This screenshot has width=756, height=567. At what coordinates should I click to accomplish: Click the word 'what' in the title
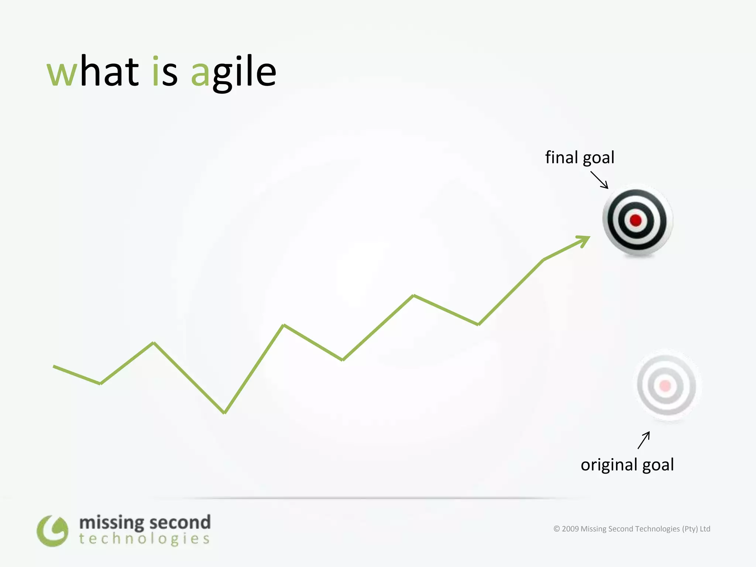point(93,71)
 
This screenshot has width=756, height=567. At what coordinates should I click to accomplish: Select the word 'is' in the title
point(165,71)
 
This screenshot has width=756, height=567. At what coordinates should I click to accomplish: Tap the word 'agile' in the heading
point(233,72)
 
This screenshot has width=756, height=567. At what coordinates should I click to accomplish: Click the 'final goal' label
point(580,158)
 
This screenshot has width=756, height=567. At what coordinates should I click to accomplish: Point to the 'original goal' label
point(627,465)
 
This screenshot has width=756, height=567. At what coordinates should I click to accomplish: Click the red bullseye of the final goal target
point(636,220)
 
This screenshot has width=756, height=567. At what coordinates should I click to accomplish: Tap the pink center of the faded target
point(665,386)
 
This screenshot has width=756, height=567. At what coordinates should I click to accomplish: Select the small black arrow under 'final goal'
point(599,180)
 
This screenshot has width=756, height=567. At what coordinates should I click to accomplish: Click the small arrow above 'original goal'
point(644,440)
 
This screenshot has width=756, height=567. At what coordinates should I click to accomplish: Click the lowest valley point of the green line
point(224,413)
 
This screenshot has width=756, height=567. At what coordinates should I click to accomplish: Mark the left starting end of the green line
point(54,367)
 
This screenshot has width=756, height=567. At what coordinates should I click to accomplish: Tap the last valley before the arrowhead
point(478,324)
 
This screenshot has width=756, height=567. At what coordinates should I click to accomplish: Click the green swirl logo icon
point(52,531)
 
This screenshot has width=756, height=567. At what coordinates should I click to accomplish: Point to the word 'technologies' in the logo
point(144,539)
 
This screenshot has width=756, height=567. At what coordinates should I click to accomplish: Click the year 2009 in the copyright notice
point(570,529)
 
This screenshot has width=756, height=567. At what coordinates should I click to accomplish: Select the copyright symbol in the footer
point(557,529)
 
